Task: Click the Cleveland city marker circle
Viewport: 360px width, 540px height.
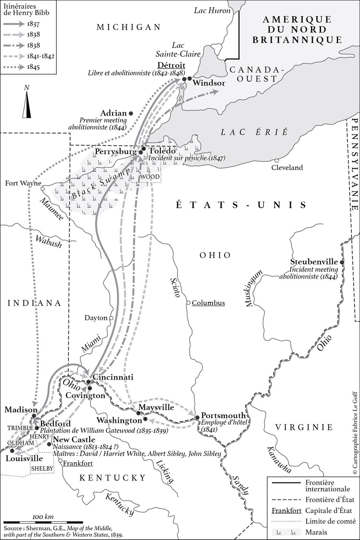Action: pyautogui.click(x=277, y=160)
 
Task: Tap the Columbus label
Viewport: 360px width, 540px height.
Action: pyautogui.click(x=208, y=303)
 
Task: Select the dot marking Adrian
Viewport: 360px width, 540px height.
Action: pyautogui.click(x=131, y=113)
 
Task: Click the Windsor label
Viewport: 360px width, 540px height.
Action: pyautogui.click(x=209, y=83)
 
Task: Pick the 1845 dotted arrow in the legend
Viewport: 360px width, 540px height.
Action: pyautogui.click(x=13, y=67)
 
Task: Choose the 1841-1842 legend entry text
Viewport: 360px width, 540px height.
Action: pyautogui.click(x=40, y=56)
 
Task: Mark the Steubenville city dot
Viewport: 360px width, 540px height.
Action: pyautogui.click(x=341, y=262)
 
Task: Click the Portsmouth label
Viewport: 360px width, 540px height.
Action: pyautogui.click(x=223, y=415)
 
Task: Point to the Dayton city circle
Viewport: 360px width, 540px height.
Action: pyautogui.click(x=111, y=318)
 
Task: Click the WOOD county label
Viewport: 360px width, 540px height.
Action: pyautogui.click(x=150, y=177)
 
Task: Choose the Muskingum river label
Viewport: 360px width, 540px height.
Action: pyautogui.click(x=254, y=288)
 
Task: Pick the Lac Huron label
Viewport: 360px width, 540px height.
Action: pyautogui.click(x=212, y=11)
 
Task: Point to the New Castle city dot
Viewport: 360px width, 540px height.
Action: pyautogui.click(x=49, y=444)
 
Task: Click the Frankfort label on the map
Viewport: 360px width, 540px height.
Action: pyautogui.click(x=78, y=463)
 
